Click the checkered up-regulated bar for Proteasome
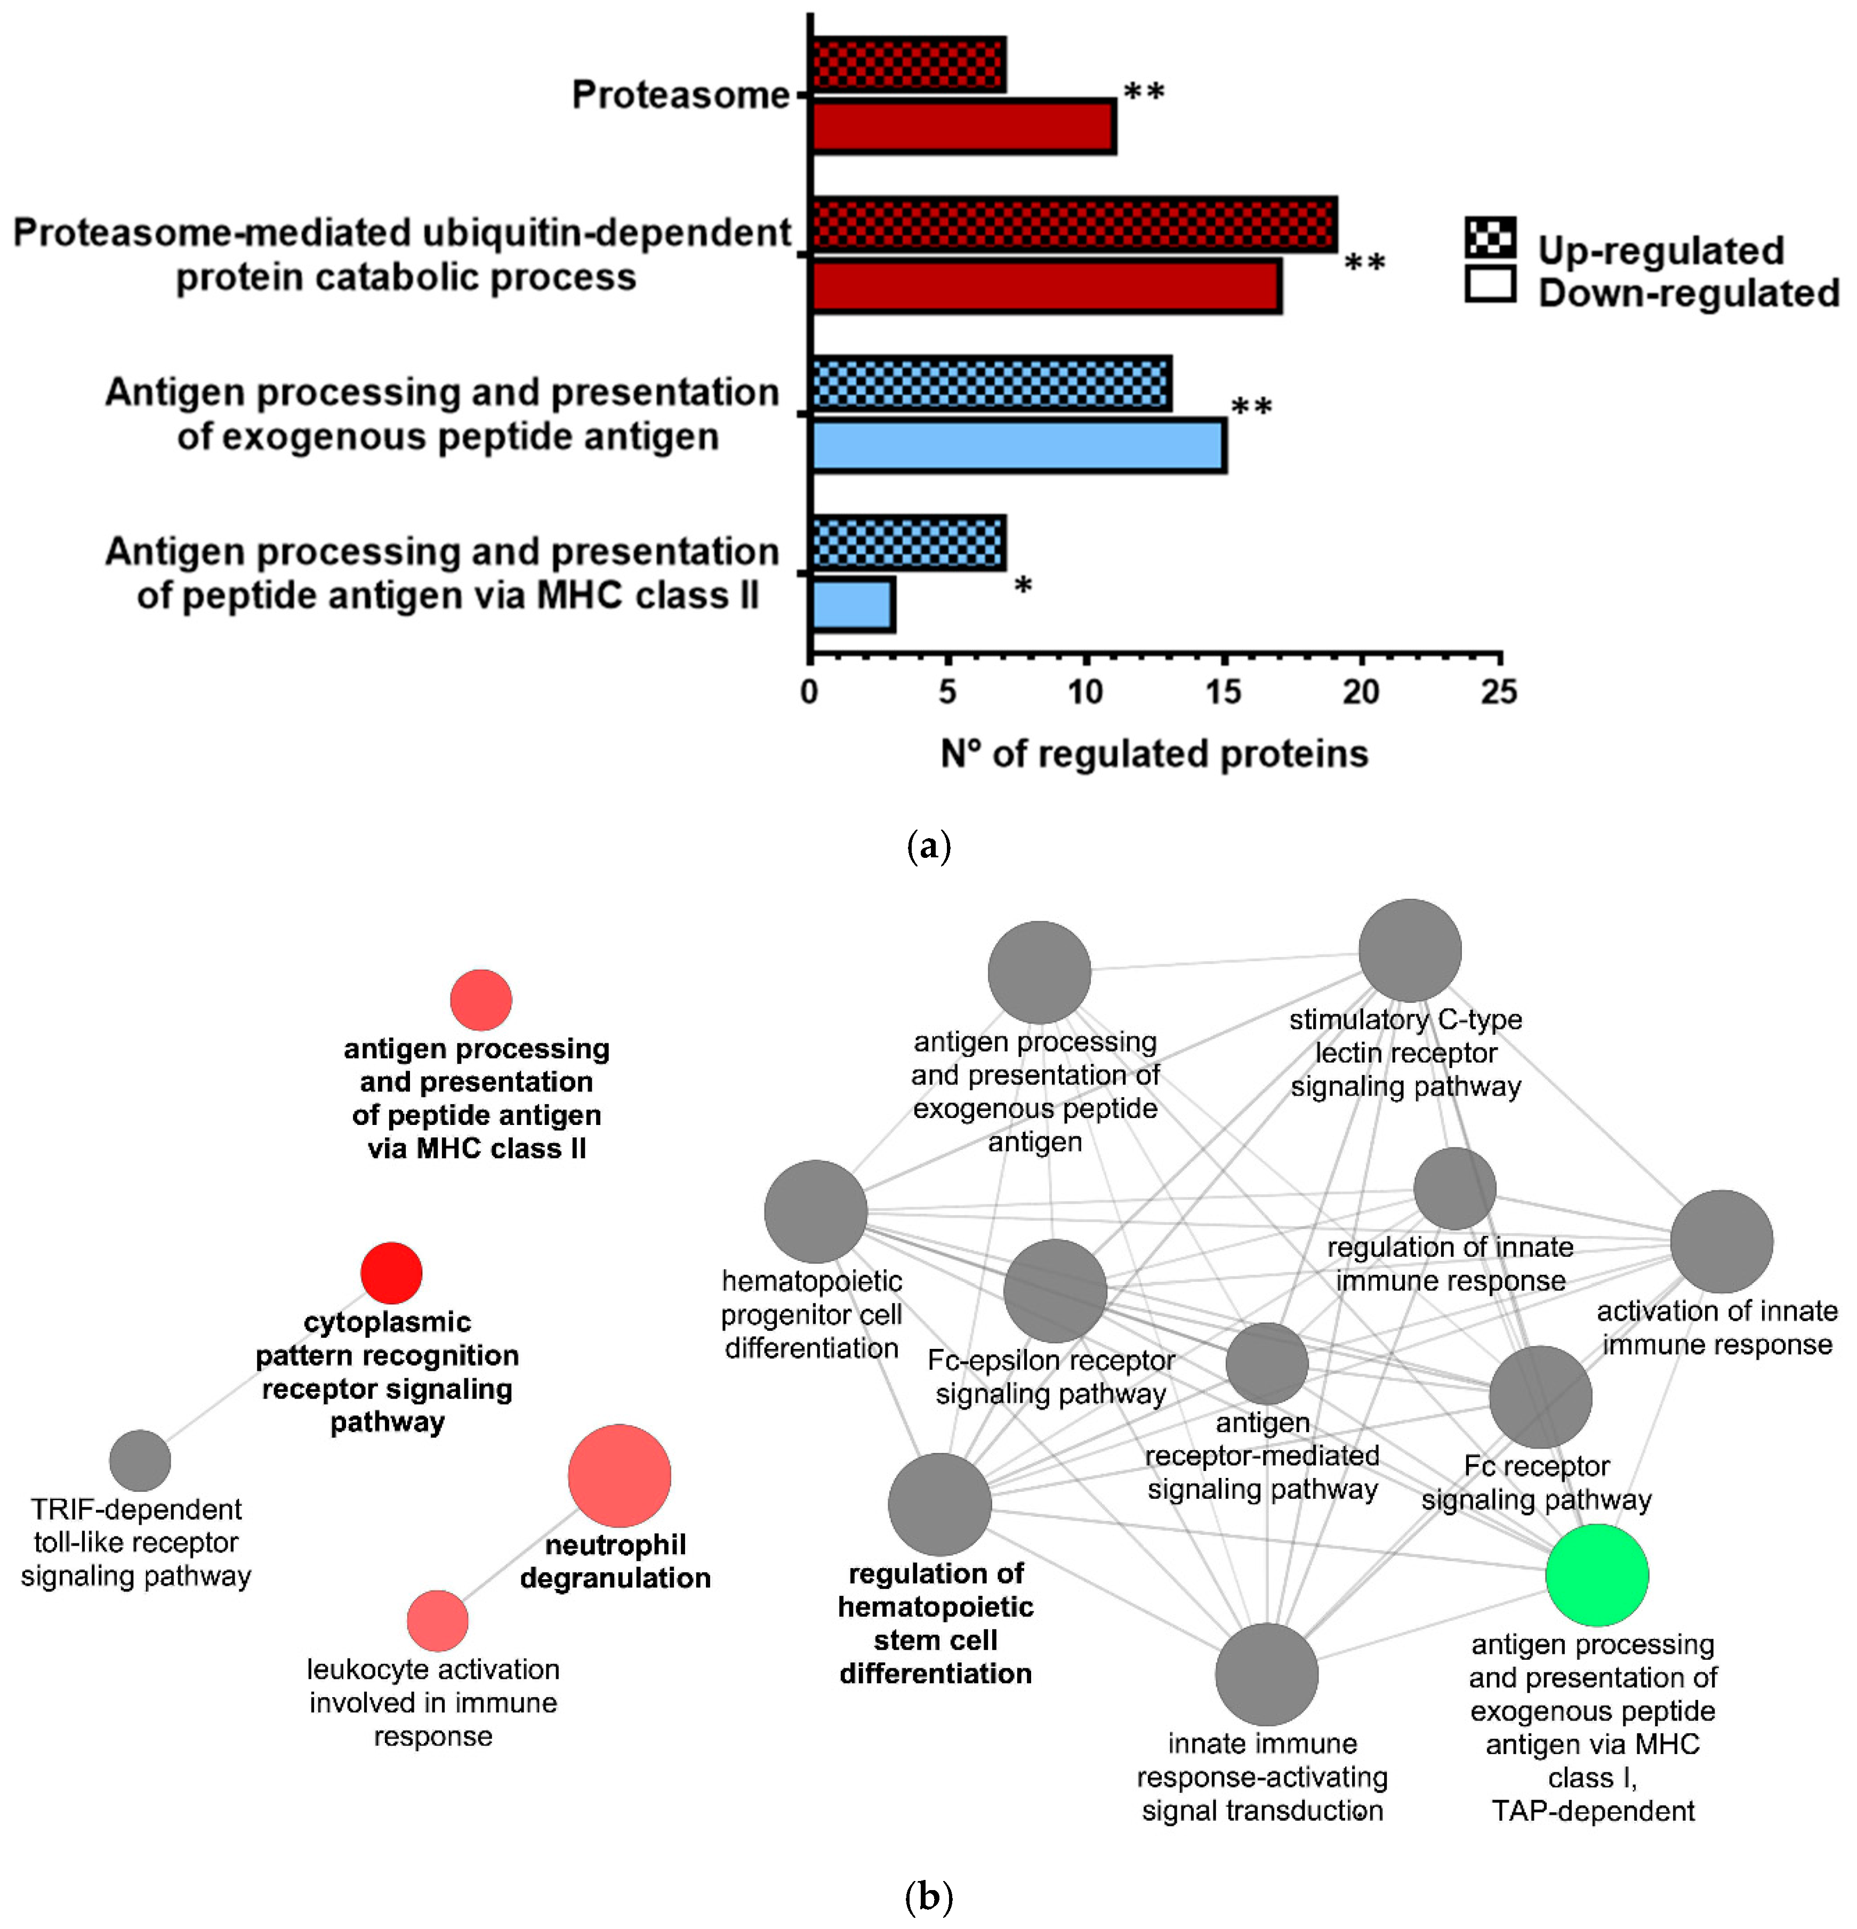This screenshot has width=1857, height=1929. [907, 65]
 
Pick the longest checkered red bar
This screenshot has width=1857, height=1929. [1073, 224]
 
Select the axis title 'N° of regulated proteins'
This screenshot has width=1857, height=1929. [1153, 754]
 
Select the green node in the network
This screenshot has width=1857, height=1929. [1596, 1574]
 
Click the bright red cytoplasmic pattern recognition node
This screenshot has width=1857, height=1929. [392, 1273]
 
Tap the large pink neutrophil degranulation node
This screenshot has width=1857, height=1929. [619, 1475]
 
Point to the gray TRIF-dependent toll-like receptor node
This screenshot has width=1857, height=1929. [140, 1460]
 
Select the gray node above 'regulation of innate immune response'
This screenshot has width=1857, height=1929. [1454, 1189]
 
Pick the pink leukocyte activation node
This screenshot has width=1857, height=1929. [438, 1620]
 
